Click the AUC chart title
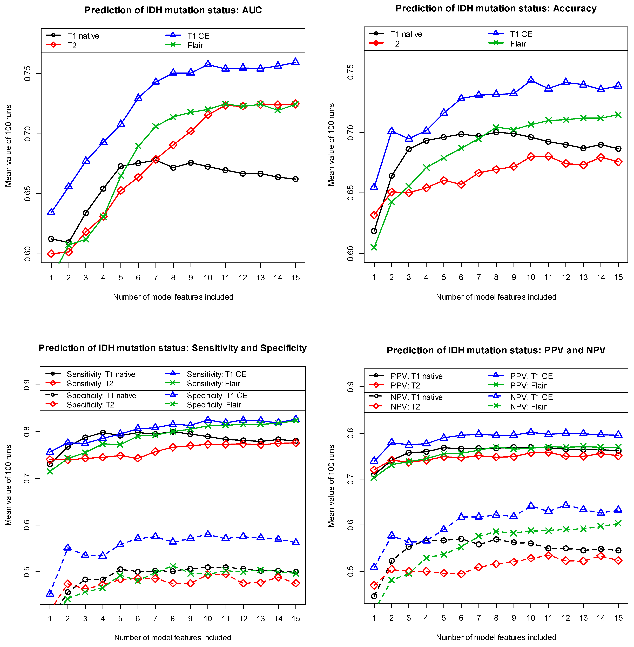(173, 10)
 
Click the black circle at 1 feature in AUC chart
(51, 239)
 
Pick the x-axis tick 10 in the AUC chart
(208, 278)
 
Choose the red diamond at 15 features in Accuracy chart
(618, 162)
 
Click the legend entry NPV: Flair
(528, 406)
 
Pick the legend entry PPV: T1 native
(416, 376)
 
